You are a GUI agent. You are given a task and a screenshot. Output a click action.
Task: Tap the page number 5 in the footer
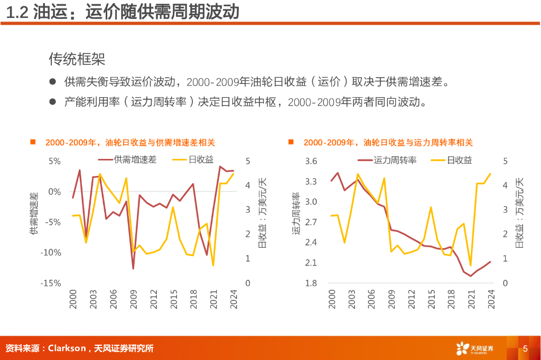pyautogui.click(x=525, y=348)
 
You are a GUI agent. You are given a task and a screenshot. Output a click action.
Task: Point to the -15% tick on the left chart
pyautogui.click(x=51, y=283)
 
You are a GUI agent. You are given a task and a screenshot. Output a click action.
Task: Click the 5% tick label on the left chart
pyautogui.click(x=55, y=161)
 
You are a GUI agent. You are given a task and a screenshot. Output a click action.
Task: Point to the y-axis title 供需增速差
pyautogui.click(x=34, y=213)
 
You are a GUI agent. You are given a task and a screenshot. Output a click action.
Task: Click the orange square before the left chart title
pyautogui.click(x=33, y=142)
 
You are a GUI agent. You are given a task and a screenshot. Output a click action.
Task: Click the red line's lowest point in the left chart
pyautogui.click(x=133, y=269)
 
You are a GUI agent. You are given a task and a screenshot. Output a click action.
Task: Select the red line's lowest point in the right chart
pyautogui.click(x=471, y=276)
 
